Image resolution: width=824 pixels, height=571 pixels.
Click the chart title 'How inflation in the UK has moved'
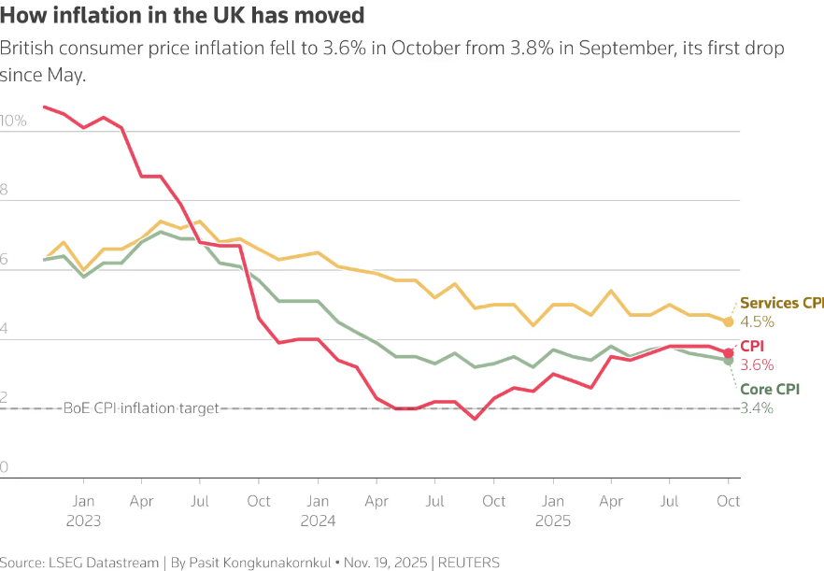182,16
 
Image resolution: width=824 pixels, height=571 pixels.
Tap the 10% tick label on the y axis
14,121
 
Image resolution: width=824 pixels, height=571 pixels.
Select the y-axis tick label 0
5,467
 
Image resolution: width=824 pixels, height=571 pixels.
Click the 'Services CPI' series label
782,304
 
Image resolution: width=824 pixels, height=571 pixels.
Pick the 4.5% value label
757,321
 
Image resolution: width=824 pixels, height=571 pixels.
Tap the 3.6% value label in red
756,364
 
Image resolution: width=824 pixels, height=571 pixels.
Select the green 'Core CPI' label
770,389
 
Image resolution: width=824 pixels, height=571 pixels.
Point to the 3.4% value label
757,407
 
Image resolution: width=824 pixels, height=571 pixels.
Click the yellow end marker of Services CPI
729,321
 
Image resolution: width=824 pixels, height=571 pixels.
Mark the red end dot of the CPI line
729,353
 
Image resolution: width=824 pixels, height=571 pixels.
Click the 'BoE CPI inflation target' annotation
141,407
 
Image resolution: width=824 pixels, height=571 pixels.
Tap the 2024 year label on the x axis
318,520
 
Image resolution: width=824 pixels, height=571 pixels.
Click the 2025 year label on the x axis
553,520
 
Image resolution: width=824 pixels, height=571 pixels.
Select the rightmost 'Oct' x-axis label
729,501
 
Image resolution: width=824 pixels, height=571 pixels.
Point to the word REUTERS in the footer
470,563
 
